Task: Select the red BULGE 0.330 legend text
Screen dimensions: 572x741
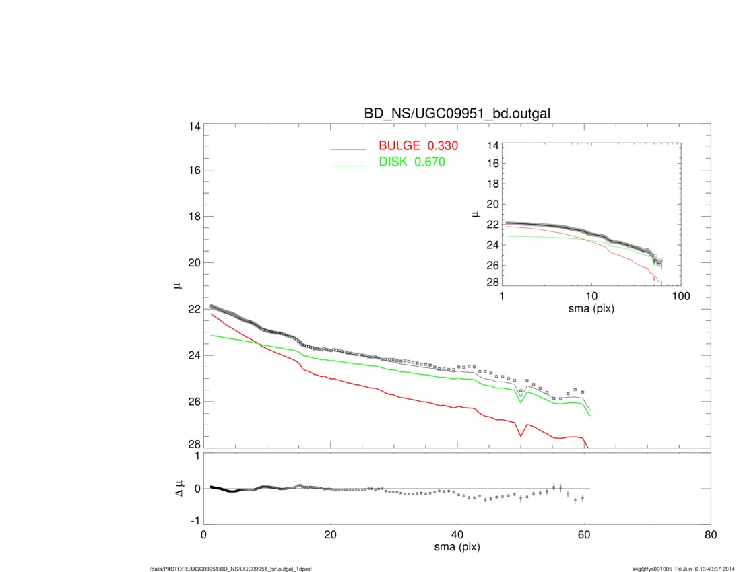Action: tap(418, 145)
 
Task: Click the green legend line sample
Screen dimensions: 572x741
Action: tap(348, 165)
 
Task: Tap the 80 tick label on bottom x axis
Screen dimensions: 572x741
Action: tap(710, 536)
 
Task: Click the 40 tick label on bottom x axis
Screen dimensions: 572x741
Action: tap(457, 536)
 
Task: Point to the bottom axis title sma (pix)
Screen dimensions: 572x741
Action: tap(457, 548)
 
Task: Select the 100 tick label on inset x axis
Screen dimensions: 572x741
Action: tap(681, 297)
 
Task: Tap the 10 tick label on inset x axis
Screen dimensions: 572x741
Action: tap(591, 297)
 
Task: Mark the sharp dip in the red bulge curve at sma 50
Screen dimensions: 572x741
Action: tap(521, 436)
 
